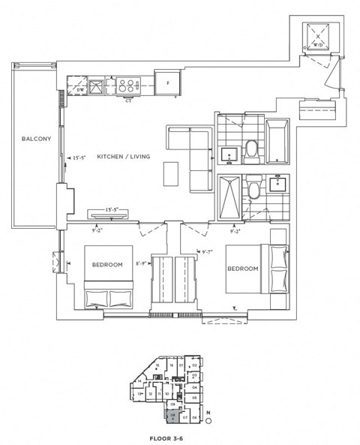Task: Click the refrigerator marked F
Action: (168, 83)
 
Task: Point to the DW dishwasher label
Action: (81, 89)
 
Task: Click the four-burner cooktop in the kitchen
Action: (127, 86)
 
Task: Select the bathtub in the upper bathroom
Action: (277, 142)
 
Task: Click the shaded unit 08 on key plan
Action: (172, 413)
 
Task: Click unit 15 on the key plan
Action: (158, 365)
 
